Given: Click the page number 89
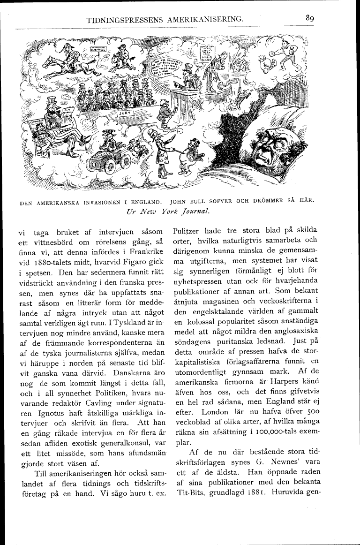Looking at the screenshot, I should pos(309,18).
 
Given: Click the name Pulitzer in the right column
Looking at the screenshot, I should pos(187,230).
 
